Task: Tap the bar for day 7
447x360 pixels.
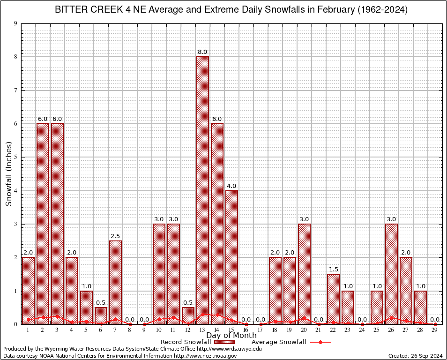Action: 115,281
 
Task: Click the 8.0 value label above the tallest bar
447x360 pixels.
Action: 202,52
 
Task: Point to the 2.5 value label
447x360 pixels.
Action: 115,236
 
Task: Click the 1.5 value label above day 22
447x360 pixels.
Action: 333,270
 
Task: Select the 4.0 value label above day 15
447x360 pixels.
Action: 231,186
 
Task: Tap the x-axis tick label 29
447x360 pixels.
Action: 435,330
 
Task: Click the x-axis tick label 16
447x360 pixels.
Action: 246,330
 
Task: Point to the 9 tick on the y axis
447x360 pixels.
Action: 15,23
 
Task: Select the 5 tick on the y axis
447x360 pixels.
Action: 15,157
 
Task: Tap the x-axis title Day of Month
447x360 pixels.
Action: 231,336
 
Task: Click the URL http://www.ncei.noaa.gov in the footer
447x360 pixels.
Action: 205,356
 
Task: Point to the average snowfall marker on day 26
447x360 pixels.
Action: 391,318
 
